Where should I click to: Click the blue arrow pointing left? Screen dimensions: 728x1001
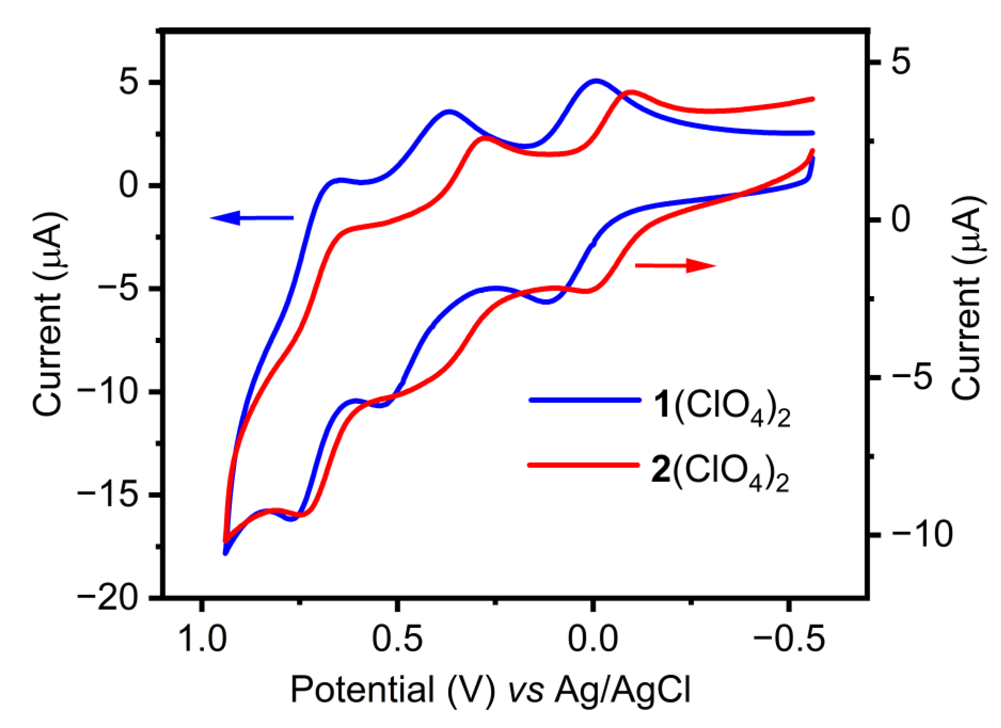click(252, 218)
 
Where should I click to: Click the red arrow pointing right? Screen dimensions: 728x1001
click(675, 265)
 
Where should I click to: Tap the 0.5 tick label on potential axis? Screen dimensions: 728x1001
click(397, 640)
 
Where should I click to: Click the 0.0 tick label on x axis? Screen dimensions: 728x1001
click(591, 640)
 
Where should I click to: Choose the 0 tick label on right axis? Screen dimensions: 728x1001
click(900, 219)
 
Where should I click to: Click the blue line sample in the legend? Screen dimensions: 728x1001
click(585, 400)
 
